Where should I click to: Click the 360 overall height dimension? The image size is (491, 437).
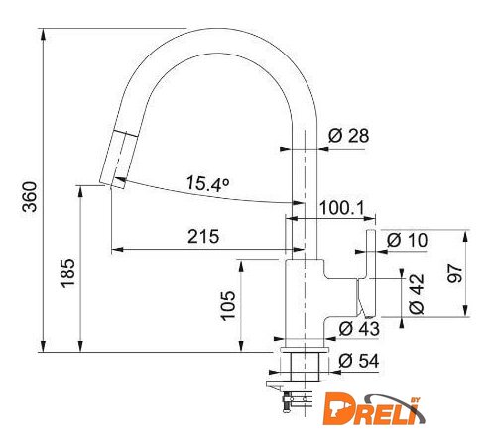[x=30, y=196]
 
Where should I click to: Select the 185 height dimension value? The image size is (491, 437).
[x=67, y=273]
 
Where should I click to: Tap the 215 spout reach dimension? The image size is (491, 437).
[x=203, y=237]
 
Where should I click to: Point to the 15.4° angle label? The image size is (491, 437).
[x=207, y=183]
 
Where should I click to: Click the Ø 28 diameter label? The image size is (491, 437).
[x=348, y=136]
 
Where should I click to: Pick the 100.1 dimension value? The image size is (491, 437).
[x=342, y=208]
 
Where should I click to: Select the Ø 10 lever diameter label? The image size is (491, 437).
[x=407, y=240]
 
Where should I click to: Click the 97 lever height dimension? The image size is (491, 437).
[x=455, y=273]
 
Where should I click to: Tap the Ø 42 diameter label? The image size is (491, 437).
[x=417, y=294]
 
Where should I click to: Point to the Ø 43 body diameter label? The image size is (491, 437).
[x=359, y=329]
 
